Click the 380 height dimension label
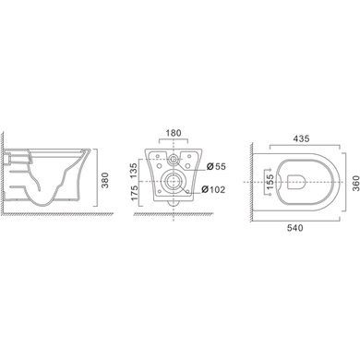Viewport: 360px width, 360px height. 104,181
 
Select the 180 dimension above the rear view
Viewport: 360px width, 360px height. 174,133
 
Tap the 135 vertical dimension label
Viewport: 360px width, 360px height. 135,170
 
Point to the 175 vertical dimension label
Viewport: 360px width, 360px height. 135,193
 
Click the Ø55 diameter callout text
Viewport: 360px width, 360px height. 216,166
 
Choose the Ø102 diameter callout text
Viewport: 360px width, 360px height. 213,189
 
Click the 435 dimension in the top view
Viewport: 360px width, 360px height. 301,138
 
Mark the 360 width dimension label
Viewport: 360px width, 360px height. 355,183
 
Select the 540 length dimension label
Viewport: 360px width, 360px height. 294,228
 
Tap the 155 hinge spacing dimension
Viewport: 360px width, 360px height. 270,182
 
